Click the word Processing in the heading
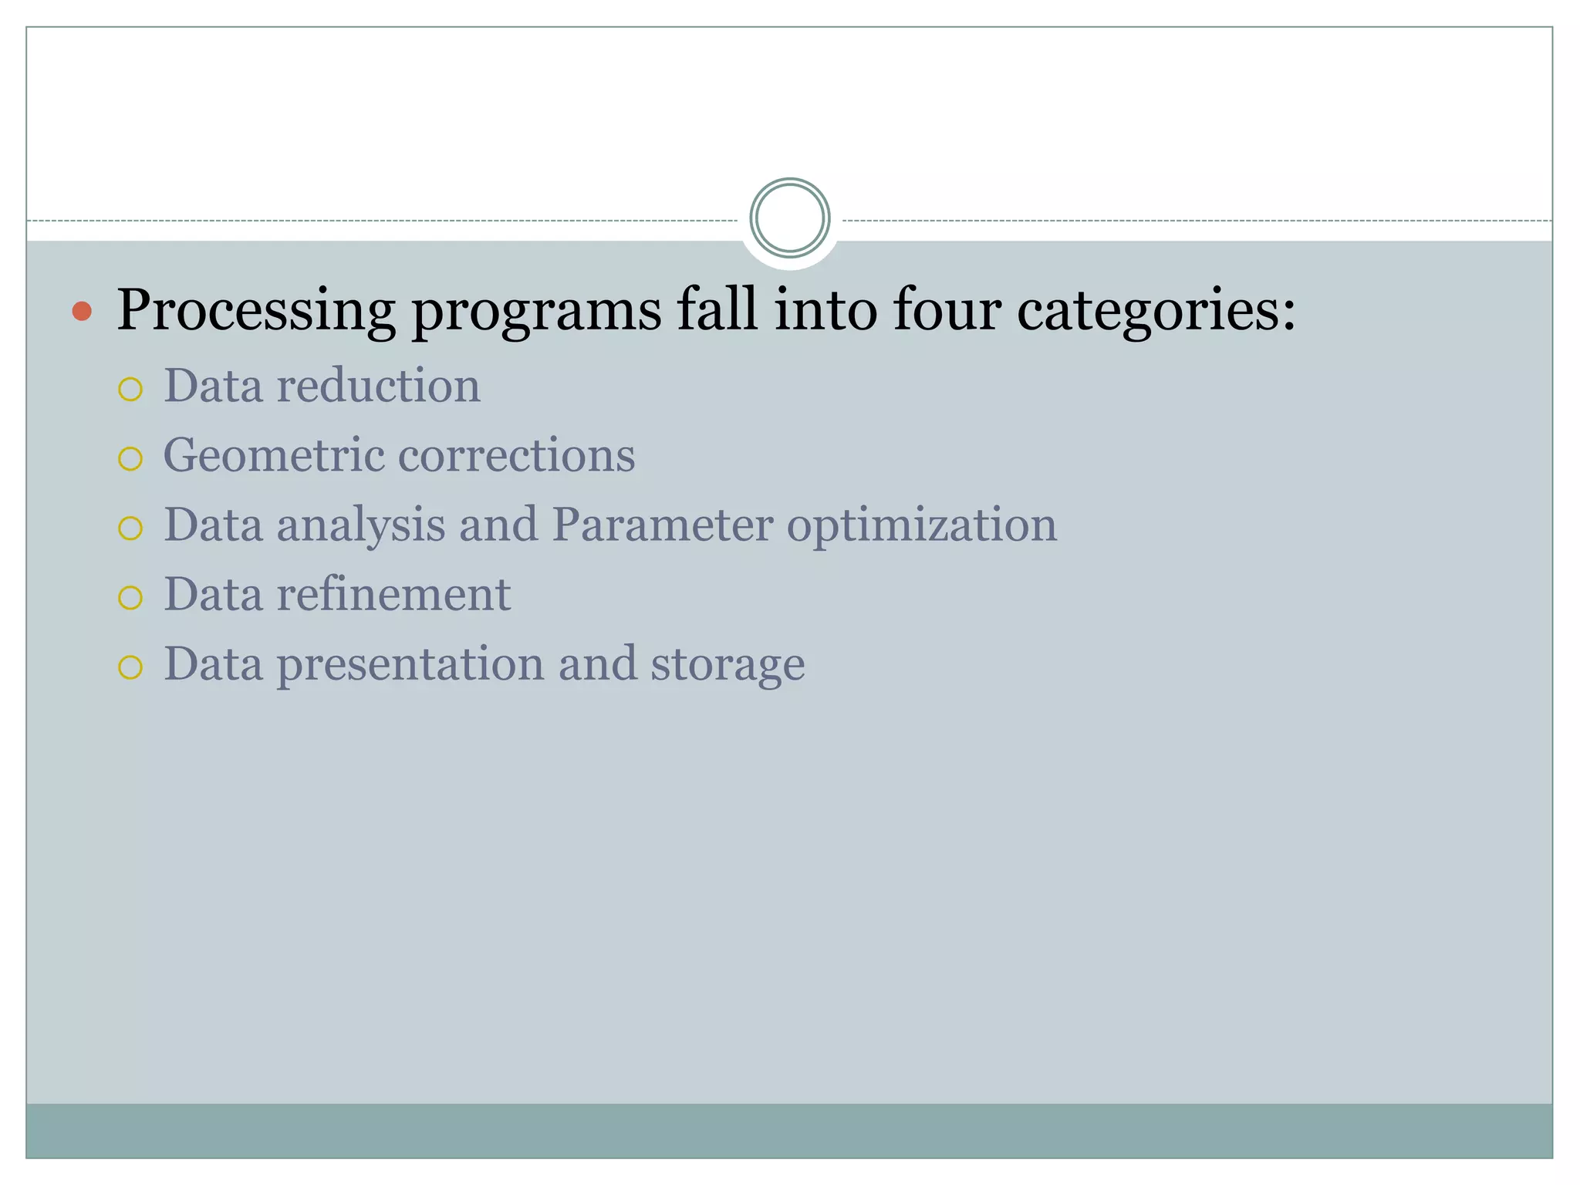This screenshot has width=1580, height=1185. click(x=255, y=311)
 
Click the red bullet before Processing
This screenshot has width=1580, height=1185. click(x=82, y=312)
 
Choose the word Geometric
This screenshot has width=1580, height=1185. click(x=274, y=455)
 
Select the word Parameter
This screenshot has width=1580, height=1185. click(x=662, y=525)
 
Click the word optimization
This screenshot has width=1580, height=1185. click(x=922, y=526)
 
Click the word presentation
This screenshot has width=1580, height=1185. click(x=410, y=665)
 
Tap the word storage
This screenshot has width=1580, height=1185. click(x=728, y=665)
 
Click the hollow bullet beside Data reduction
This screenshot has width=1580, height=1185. click(x=130, y=389)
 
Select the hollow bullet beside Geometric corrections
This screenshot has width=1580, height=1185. click(x=130, y=459)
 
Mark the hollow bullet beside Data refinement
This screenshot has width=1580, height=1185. click(x=130, y=598)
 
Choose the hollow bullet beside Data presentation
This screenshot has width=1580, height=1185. click(x=130, y=667)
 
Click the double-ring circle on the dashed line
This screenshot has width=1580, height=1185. click(x=789, y=218)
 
